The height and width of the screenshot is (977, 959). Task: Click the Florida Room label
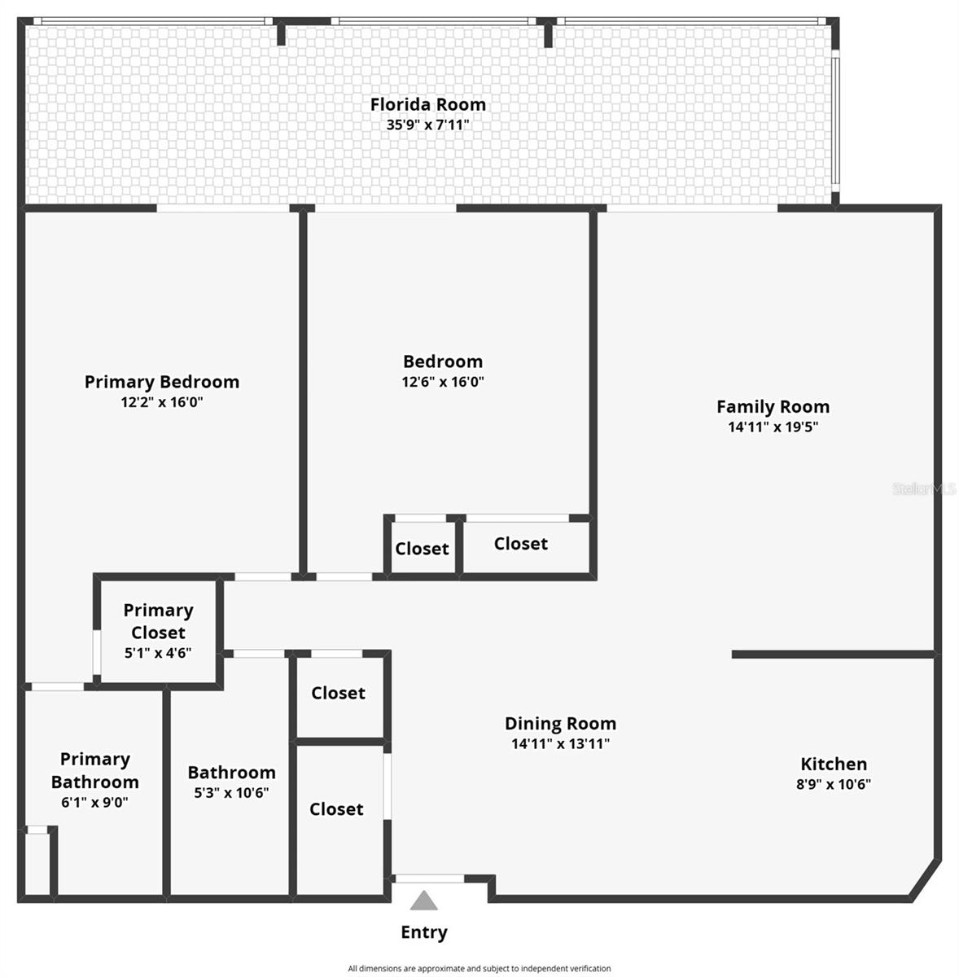pos(427,104)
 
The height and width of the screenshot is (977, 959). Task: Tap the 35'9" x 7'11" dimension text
pos(427,125)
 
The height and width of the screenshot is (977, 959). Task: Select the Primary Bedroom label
pos(162,382)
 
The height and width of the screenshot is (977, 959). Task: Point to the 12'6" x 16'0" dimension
pos(443,381)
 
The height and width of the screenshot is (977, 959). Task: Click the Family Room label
pos(773,406)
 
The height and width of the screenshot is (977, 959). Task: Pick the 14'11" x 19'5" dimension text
pos(773,426)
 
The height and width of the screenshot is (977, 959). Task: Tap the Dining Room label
pos(560,723)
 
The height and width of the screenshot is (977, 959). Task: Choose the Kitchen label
pos(834,764)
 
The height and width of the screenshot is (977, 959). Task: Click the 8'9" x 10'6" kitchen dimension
pos(834,784)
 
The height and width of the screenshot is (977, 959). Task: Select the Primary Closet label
pos(158,621)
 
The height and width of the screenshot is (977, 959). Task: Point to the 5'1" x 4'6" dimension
pos(158,652)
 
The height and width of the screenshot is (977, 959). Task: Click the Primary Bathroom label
pos(94,770)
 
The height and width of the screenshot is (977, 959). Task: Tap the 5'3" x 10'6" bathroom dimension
pos(231,792)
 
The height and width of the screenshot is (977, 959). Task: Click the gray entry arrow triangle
pos(423,901)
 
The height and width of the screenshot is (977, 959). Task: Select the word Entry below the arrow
pos(423,932)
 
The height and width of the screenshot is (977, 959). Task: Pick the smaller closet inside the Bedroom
pos(422,549)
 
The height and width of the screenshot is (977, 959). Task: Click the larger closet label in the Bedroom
pos(520,543)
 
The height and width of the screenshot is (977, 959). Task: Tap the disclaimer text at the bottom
pos(479,969)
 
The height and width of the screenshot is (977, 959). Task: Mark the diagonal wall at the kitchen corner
pos(926,883)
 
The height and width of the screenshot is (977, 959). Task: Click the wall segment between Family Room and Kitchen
pos(832,654)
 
